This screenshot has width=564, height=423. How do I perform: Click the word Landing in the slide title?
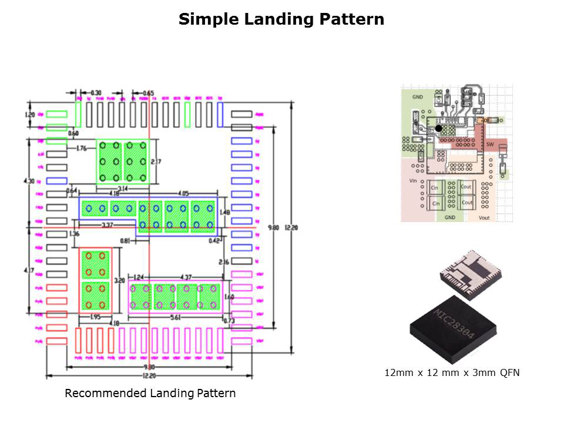pos(272,19)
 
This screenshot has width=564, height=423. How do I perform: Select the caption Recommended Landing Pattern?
pos(150,394)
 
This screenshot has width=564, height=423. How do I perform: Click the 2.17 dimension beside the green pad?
pos(156,162)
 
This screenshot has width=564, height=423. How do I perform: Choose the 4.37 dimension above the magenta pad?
pos(186,277)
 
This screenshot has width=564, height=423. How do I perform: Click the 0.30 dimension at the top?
pos(95,93)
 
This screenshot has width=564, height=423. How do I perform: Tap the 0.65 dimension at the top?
pos(148,93)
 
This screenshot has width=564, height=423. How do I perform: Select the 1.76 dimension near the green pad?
pos(82,149)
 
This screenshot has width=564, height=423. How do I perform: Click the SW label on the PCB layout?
pos(490,145)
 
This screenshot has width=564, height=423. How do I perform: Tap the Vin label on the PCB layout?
pos(412,182)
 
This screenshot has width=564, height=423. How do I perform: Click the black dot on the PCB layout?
pos(438,128)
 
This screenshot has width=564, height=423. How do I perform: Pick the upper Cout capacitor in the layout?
pos(466,187)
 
